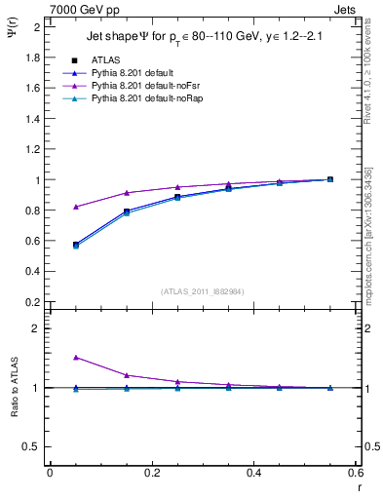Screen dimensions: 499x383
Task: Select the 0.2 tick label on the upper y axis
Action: pos(30,301)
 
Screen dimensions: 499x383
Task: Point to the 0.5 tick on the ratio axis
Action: pos(30,446)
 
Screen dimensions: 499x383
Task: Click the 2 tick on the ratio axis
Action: pos(35,329)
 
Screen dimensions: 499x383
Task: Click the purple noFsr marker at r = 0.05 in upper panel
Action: pos(76,207)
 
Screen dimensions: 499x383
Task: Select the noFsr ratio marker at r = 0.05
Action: pos(76,358)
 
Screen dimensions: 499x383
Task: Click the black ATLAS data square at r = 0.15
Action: pos(127,211)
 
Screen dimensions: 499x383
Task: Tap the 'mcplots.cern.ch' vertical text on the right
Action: pos(369,263)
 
